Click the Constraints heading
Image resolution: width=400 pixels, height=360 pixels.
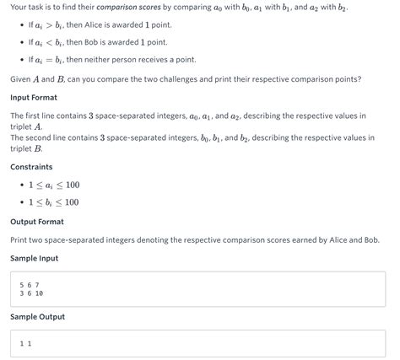tap(31, 167)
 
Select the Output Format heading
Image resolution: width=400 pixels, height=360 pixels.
tap(36, 222)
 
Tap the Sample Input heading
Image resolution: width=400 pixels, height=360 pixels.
tap(34, 258)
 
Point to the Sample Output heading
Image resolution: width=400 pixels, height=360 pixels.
tap(37, 317)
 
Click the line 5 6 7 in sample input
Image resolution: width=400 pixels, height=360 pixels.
tap(30, 285)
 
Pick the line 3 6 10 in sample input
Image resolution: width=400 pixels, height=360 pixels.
tap(31, 293)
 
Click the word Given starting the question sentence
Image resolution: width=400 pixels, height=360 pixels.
tap(22, 79)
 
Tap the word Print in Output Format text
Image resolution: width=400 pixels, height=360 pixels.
tap(20, 240)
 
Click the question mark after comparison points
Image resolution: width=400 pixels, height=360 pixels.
tap(359, 79)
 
